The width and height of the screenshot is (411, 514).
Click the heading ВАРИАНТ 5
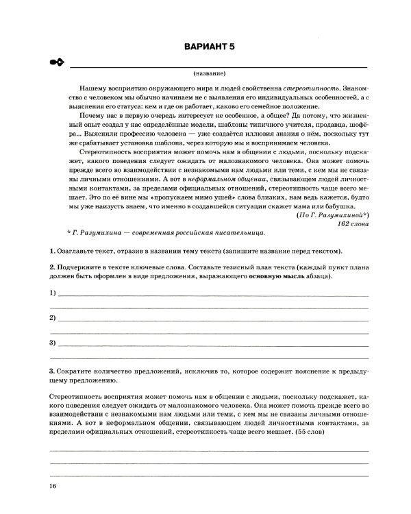click(209, 47)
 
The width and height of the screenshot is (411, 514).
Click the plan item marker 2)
click(53, 319)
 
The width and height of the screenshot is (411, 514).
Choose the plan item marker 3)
click(53, 342)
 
